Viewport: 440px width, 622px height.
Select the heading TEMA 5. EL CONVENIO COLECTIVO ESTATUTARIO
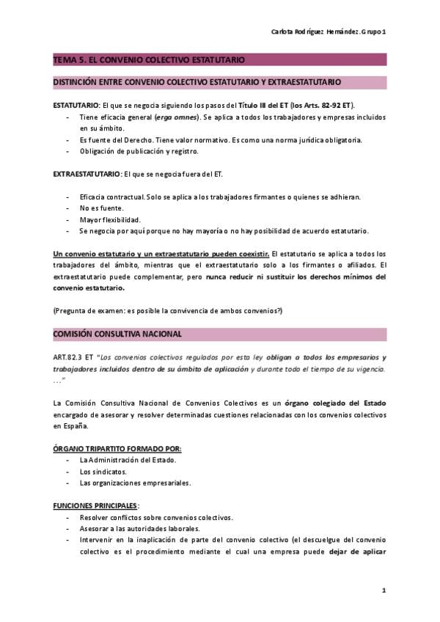149,59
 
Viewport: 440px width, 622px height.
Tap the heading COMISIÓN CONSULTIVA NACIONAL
117,334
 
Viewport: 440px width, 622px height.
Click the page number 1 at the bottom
383,591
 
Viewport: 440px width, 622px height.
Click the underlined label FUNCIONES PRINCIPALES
95,506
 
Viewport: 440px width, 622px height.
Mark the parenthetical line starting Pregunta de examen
168,311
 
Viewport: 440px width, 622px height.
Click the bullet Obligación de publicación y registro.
139,151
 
